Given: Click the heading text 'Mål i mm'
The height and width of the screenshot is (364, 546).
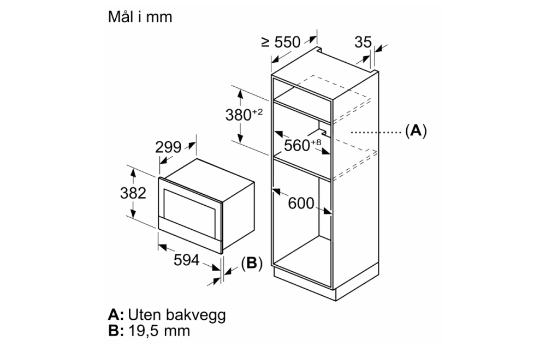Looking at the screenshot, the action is [140, 17].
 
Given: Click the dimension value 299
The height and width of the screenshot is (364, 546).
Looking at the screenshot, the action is [168, 147].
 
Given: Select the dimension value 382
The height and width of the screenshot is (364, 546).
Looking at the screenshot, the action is [133, 193].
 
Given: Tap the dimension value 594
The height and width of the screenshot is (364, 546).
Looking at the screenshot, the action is [187, 260].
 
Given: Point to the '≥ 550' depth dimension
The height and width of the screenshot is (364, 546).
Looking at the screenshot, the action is [281, 42].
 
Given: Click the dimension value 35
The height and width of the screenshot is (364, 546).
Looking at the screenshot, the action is [363, 42].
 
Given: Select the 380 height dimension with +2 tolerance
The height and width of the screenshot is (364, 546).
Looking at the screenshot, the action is [244, 114].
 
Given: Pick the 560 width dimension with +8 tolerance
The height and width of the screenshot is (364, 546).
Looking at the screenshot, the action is [302, 145].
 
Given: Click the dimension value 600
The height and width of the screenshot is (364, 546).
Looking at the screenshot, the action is [301, 203].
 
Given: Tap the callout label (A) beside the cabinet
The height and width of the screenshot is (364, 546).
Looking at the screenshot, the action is [416, 131].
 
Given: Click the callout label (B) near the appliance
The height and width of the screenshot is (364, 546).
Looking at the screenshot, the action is [251, 264].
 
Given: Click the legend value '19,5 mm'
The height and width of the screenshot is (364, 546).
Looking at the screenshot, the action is [159, 330].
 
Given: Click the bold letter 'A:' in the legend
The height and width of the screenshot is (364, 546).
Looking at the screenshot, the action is [116, 314].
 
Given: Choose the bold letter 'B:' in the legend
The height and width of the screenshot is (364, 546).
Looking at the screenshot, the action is [116, 330].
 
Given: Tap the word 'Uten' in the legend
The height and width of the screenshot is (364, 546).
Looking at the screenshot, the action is [144, 314].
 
